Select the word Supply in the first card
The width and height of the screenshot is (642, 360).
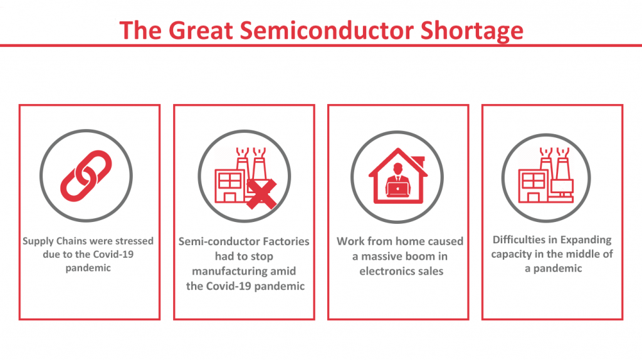pos(38,241)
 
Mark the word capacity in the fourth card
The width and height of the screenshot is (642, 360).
pos(513,254)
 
